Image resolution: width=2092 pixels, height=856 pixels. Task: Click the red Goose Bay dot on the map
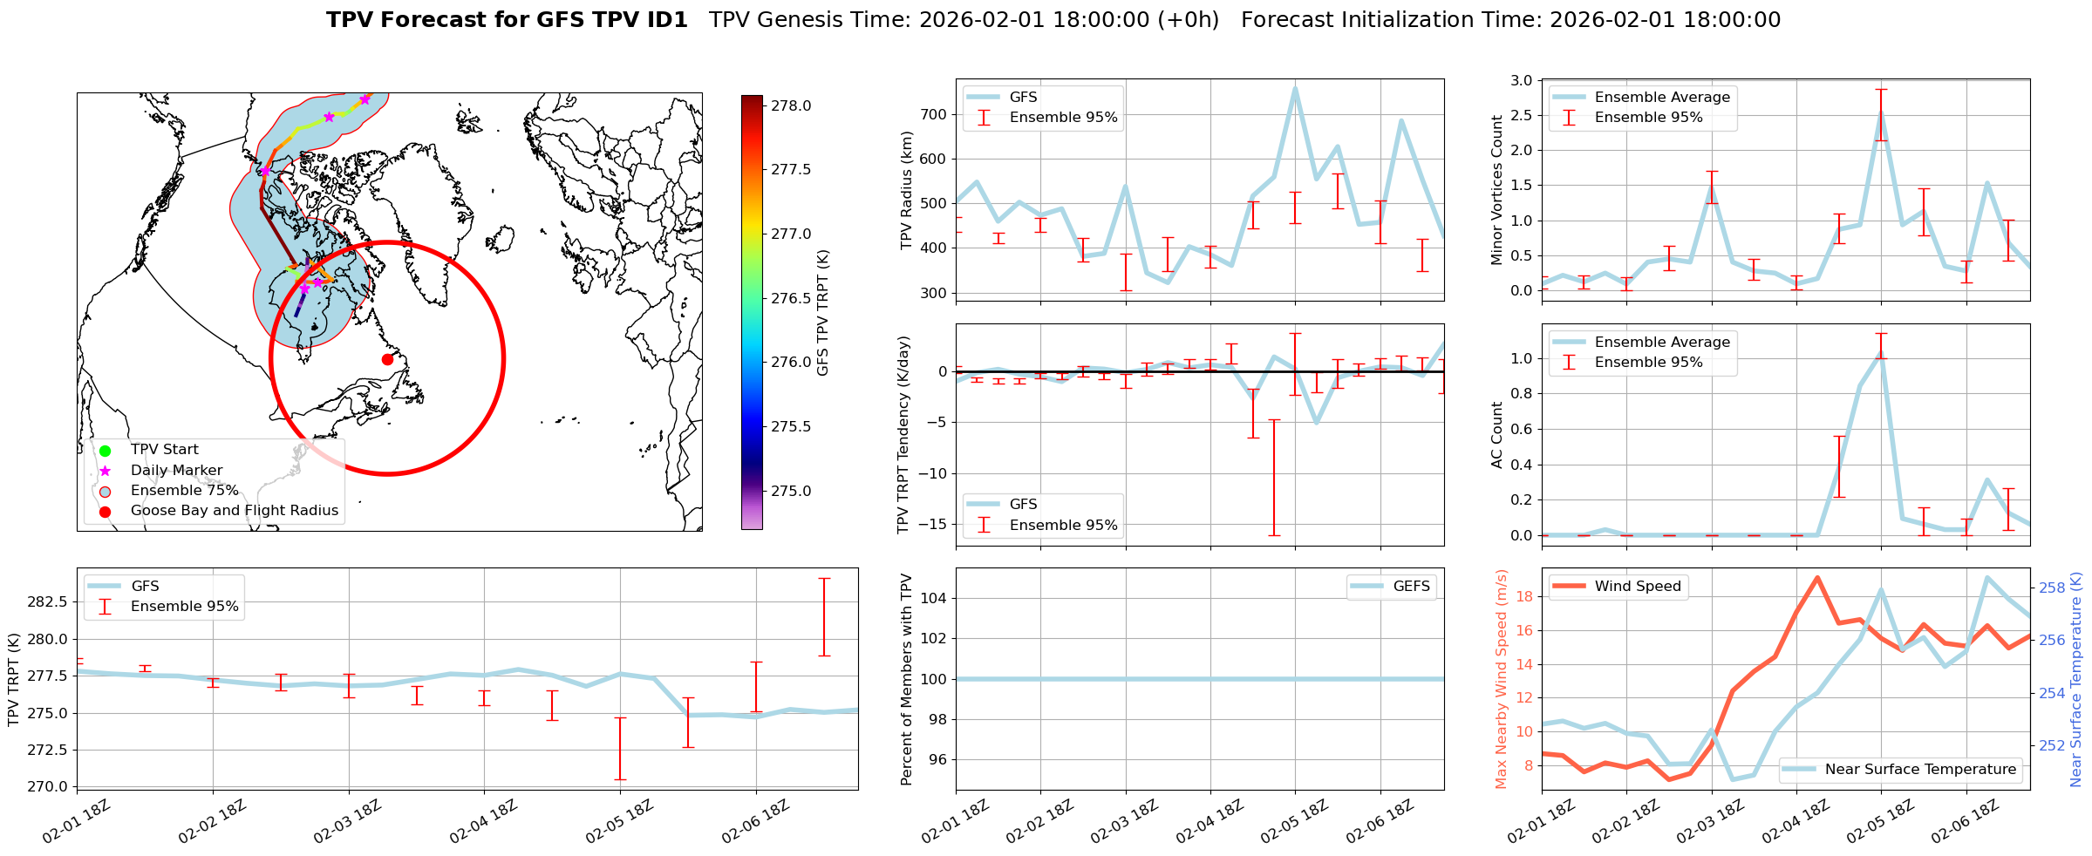pos(387,359)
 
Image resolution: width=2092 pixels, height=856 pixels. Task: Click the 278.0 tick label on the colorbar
pos(791,106)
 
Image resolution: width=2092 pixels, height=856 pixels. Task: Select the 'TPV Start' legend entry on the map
pos(164,450)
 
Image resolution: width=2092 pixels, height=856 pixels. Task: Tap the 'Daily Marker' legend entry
pos(176,471)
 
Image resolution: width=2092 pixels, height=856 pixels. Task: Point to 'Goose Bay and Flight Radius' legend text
pos(234,511)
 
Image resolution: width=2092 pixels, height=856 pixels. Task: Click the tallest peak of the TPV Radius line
pos(1295,88)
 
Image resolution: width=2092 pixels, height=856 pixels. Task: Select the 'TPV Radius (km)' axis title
pos(907,190)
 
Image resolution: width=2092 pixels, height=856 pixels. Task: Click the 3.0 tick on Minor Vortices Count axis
pos(1521,81)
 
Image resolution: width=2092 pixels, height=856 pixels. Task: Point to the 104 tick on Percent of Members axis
pos(935,598)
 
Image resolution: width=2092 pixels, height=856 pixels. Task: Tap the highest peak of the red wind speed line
pos(1816,577)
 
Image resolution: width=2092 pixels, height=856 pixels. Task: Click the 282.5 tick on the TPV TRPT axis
pos(48,602)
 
